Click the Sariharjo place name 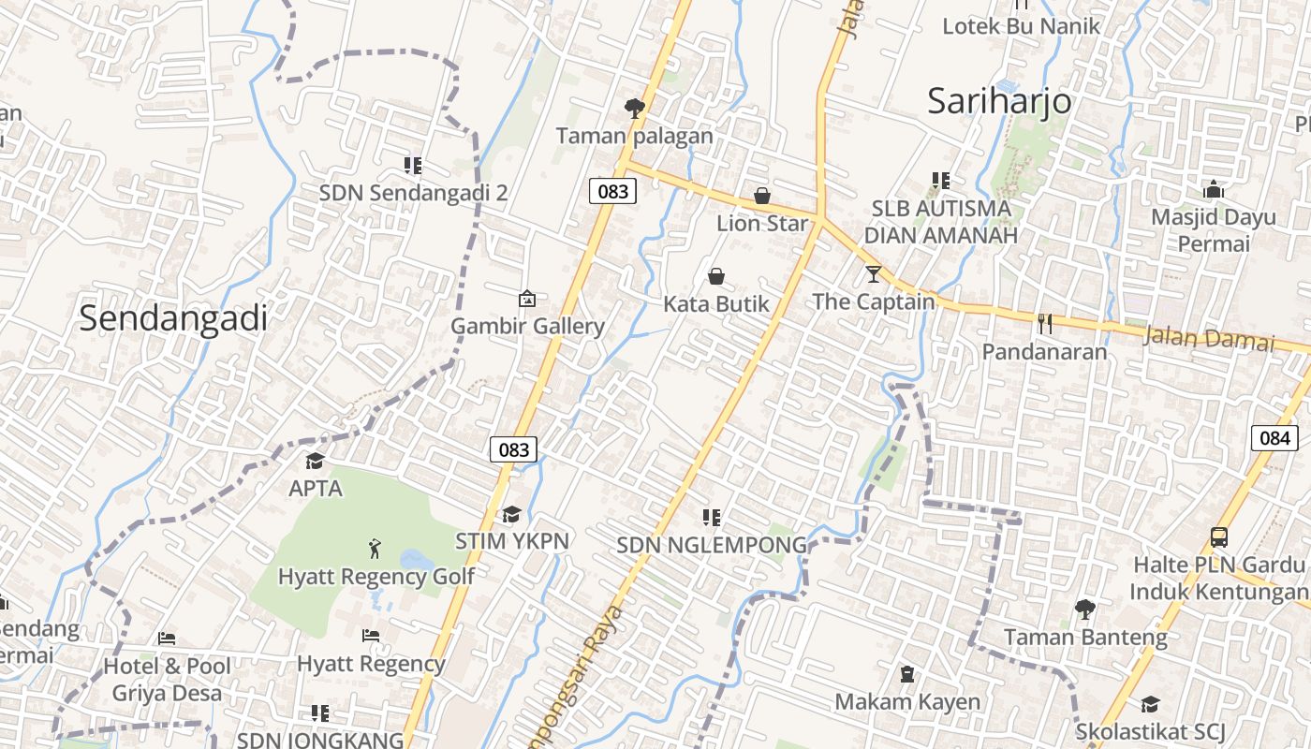999,101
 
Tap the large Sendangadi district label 173,318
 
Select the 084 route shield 1274,437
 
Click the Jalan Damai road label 1208,337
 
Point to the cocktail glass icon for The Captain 874,274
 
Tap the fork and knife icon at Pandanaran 1045,324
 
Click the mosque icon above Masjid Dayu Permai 1214,189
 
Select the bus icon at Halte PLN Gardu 1218,537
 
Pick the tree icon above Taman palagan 635,109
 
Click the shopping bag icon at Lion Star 762,197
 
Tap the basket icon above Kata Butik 716,276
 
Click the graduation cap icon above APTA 315,461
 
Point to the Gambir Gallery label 528,327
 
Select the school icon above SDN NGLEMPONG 712,517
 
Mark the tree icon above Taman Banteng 1085,609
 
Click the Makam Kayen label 907,701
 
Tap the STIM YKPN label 512,541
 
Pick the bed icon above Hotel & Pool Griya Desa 167,639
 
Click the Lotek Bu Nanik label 1021,26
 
